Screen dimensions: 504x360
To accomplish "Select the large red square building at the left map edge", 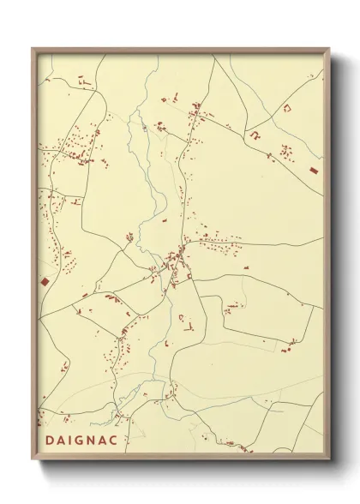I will click(x=45, y=281).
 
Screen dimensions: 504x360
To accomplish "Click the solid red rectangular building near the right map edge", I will click(x=313, y=172).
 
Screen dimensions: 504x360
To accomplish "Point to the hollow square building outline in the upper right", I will click(x=286, y=107).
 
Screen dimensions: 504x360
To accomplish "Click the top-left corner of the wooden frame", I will click(x=33, y=50).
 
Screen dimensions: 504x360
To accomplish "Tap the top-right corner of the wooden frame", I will click(x=328, y=50).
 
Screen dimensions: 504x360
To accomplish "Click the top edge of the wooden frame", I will click(x=180, y=50).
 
